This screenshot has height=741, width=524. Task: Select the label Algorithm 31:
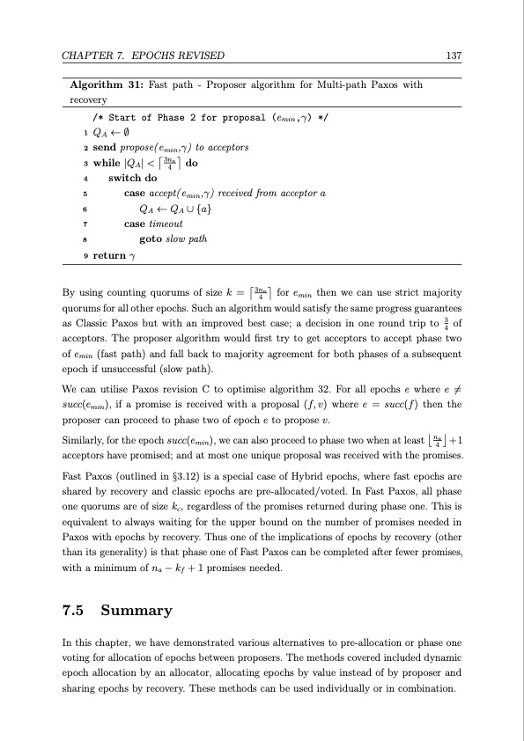[x=107, y=85]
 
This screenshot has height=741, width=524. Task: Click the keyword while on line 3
[x=110, y=163]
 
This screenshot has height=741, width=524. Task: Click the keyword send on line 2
[x=107, y=147]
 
